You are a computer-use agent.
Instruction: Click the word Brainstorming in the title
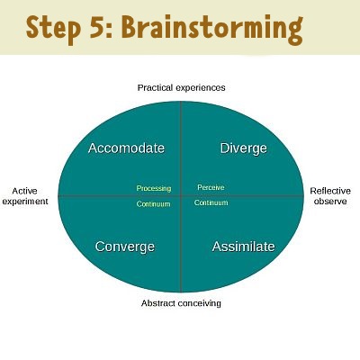coord(212,29)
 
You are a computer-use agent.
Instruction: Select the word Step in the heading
coord(53,29)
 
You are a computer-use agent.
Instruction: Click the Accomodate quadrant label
coord(126,148)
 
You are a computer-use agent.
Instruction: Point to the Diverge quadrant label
coord(243,148)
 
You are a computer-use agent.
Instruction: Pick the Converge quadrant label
coord(125,247)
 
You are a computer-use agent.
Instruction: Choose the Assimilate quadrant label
coord(243,247)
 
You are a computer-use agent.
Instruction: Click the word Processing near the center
coord(154,188)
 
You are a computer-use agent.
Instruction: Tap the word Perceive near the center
coord(211,187)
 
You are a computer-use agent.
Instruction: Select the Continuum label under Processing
coord(153,204)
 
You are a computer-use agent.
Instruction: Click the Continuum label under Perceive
coord(211,202)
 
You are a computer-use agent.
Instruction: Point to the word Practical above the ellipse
coord(155,87)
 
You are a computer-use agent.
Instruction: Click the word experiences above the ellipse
coord(201,88)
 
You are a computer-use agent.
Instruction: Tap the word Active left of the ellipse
coord(24,191)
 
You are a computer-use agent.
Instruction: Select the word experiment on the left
coord(25,202)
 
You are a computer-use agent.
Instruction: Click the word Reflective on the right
coord(330,191)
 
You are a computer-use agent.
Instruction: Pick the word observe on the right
coord(330,202)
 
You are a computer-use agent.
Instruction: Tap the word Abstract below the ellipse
coord(158,303)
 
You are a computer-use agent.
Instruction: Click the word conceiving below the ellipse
coord(200,303)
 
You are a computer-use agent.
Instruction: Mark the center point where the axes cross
coord(181,196)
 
